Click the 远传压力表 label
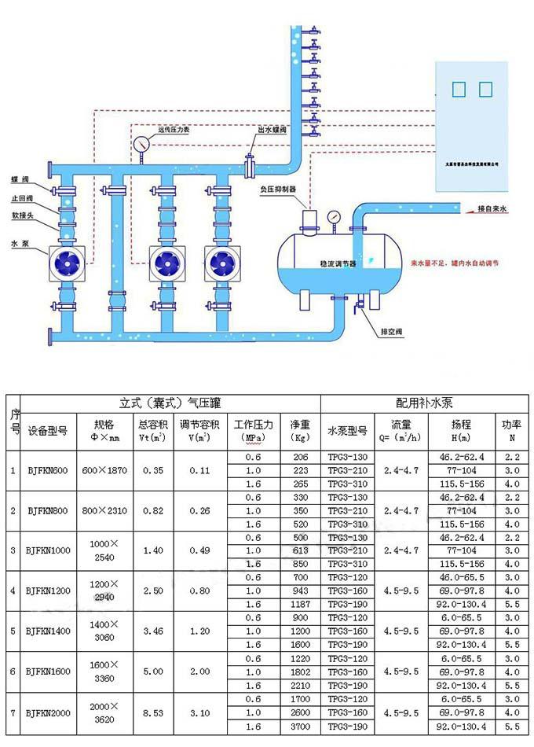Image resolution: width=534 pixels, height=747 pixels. pyautogui.click(x=174, y=130)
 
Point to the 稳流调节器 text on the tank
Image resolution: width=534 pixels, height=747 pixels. pyautogui.click(x=338, y=265)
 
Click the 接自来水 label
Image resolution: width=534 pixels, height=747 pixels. pyautogui.click(x=493, y=209)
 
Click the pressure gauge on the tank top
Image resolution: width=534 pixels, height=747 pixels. pyautogui.click(x=334, y=215)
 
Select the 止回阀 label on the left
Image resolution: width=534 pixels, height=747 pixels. pyautogui.click(x=21, y=198)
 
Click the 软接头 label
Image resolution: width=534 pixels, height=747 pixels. pyautogui.click(x=21, y=214)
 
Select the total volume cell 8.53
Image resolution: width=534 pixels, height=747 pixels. pyautogui.click(x=153, y=712)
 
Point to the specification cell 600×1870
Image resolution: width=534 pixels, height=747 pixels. pyautogui.click(x=105, y=470)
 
